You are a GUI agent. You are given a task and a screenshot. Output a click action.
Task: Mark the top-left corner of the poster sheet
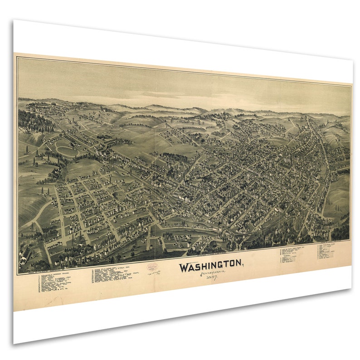point(14,20)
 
